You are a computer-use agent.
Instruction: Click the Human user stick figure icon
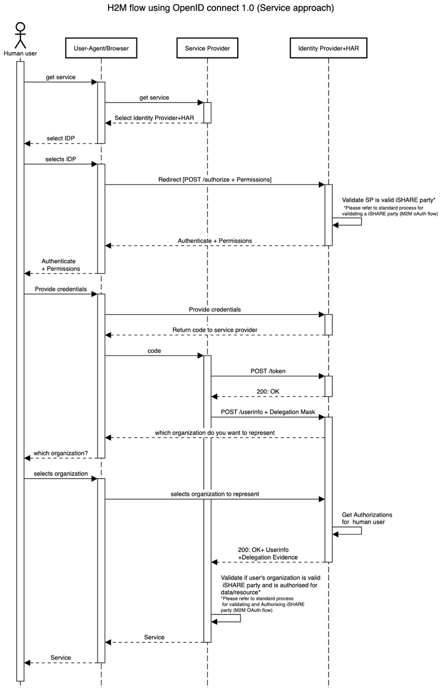(20, 36)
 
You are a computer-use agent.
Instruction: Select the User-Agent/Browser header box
(101, 48)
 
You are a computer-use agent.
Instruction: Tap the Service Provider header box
(207, 48)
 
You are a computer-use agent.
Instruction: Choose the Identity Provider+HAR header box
(328, 48)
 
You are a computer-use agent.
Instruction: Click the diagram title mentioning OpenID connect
(220, 8)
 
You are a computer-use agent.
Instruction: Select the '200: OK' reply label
(267, 392)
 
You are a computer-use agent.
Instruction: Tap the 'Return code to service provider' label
(215, 330)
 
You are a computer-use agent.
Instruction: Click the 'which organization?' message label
(61, 453)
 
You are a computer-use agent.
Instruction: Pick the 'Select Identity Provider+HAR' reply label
(154, 118)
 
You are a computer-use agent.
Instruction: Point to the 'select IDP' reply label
(61, 138)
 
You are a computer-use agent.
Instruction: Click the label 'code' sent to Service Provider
(154, 350)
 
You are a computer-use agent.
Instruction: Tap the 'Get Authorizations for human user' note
(367, 518)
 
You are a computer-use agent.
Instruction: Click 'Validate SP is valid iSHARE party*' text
(388, 200)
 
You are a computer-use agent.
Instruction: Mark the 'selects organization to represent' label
(215, 494)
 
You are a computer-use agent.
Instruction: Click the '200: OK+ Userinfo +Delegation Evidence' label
(268, 554)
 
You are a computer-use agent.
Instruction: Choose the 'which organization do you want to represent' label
(215, 432)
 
